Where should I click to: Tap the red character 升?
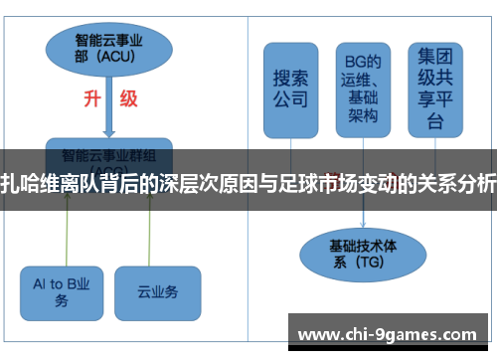click(x=89, y=99)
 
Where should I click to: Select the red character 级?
click(x=129, y=99)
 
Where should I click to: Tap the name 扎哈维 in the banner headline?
click(x=30, y=184)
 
